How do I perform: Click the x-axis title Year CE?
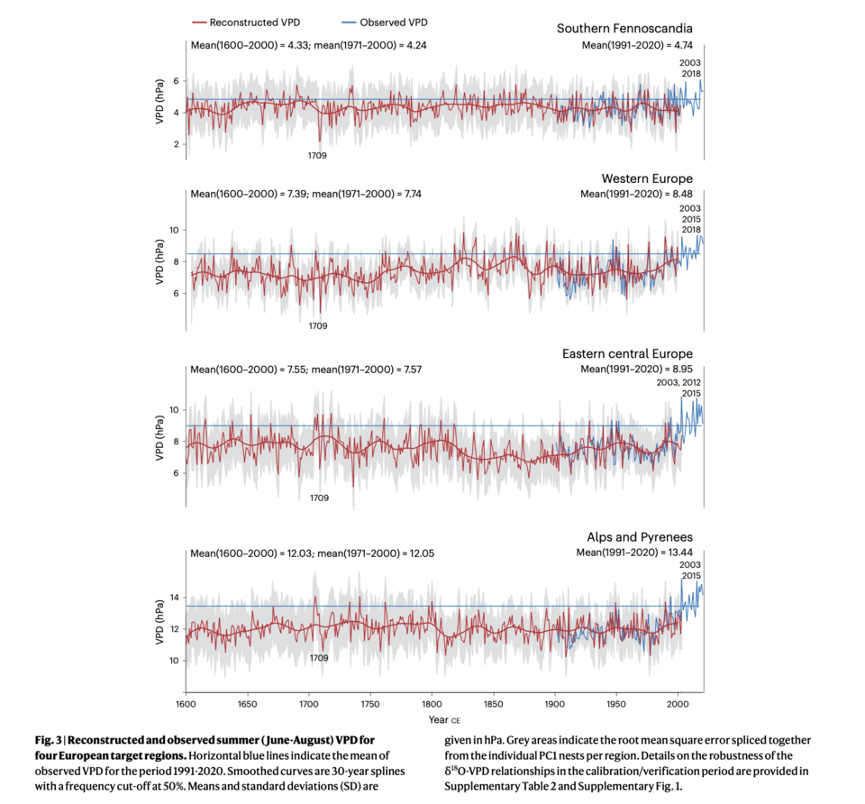tap(444, 720)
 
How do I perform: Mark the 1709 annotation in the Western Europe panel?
tap(318, 325)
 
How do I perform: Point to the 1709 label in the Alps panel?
tap(318, 658)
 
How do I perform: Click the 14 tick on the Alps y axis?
tap(175, 598)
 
